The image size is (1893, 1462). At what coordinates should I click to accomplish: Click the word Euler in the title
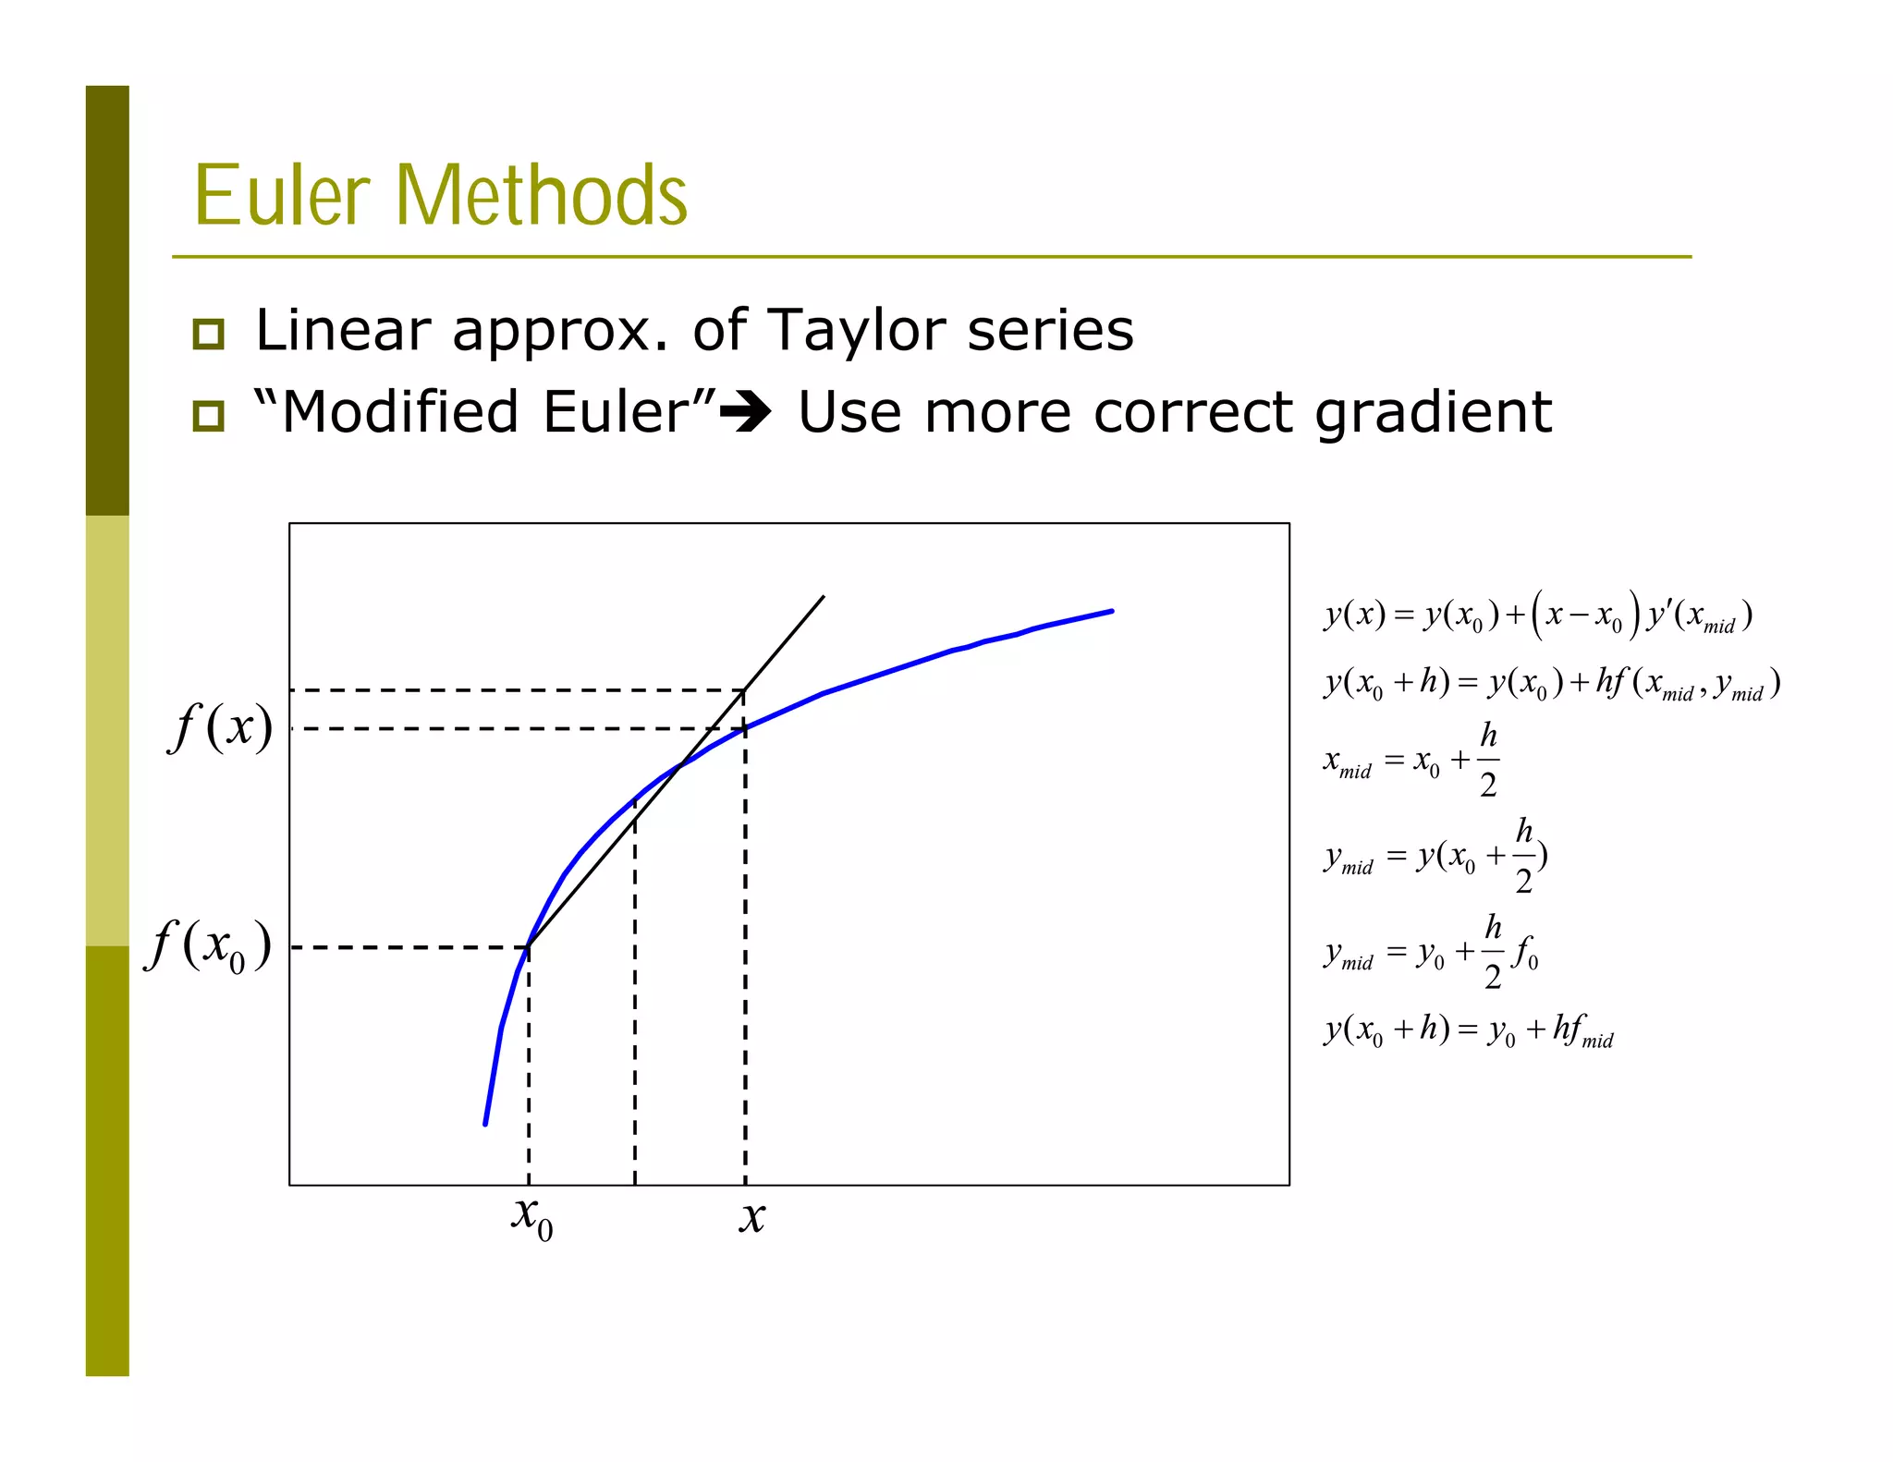(x=281, y=195)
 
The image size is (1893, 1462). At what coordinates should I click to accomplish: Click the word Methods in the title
(x=542, y=195)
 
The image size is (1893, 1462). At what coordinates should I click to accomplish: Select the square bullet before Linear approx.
(x=209, y=334)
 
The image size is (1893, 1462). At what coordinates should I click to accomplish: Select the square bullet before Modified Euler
(x=209, y=415)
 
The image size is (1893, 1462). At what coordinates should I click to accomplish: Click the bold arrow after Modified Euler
(x=745, y=413)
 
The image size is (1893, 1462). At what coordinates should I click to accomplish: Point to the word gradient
(x=1432, y=413)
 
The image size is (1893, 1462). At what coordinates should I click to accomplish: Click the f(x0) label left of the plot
(x=209, y=946)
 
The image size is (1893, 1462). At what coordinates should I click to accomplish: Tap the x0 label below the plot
(x=532, y=1217)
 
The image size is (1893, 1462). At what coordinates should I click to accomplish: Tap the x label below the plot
(x=752, y=1217)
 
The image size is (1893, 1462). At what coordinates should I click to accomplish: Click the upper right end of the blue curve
(x=1111, y=611)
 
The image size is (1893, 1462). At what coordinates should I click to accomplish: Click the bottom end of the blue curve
(x=485, y=1124)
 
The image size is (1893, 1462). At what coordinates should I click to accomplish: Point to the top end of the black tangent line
(x=823, y=597)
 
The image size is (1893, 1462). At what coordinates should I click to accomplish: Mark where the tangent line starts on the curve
(x=528, y=946)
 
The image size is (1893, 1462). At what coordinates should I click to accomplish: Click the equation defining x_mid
(x=1411, y=761)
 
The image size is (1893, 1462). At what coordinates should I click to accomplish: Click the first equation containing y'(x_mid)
(x=1537, y=615)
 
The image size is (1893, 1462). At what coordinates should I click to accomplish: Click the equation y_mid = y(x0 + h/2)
(x=1435, y=856)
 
